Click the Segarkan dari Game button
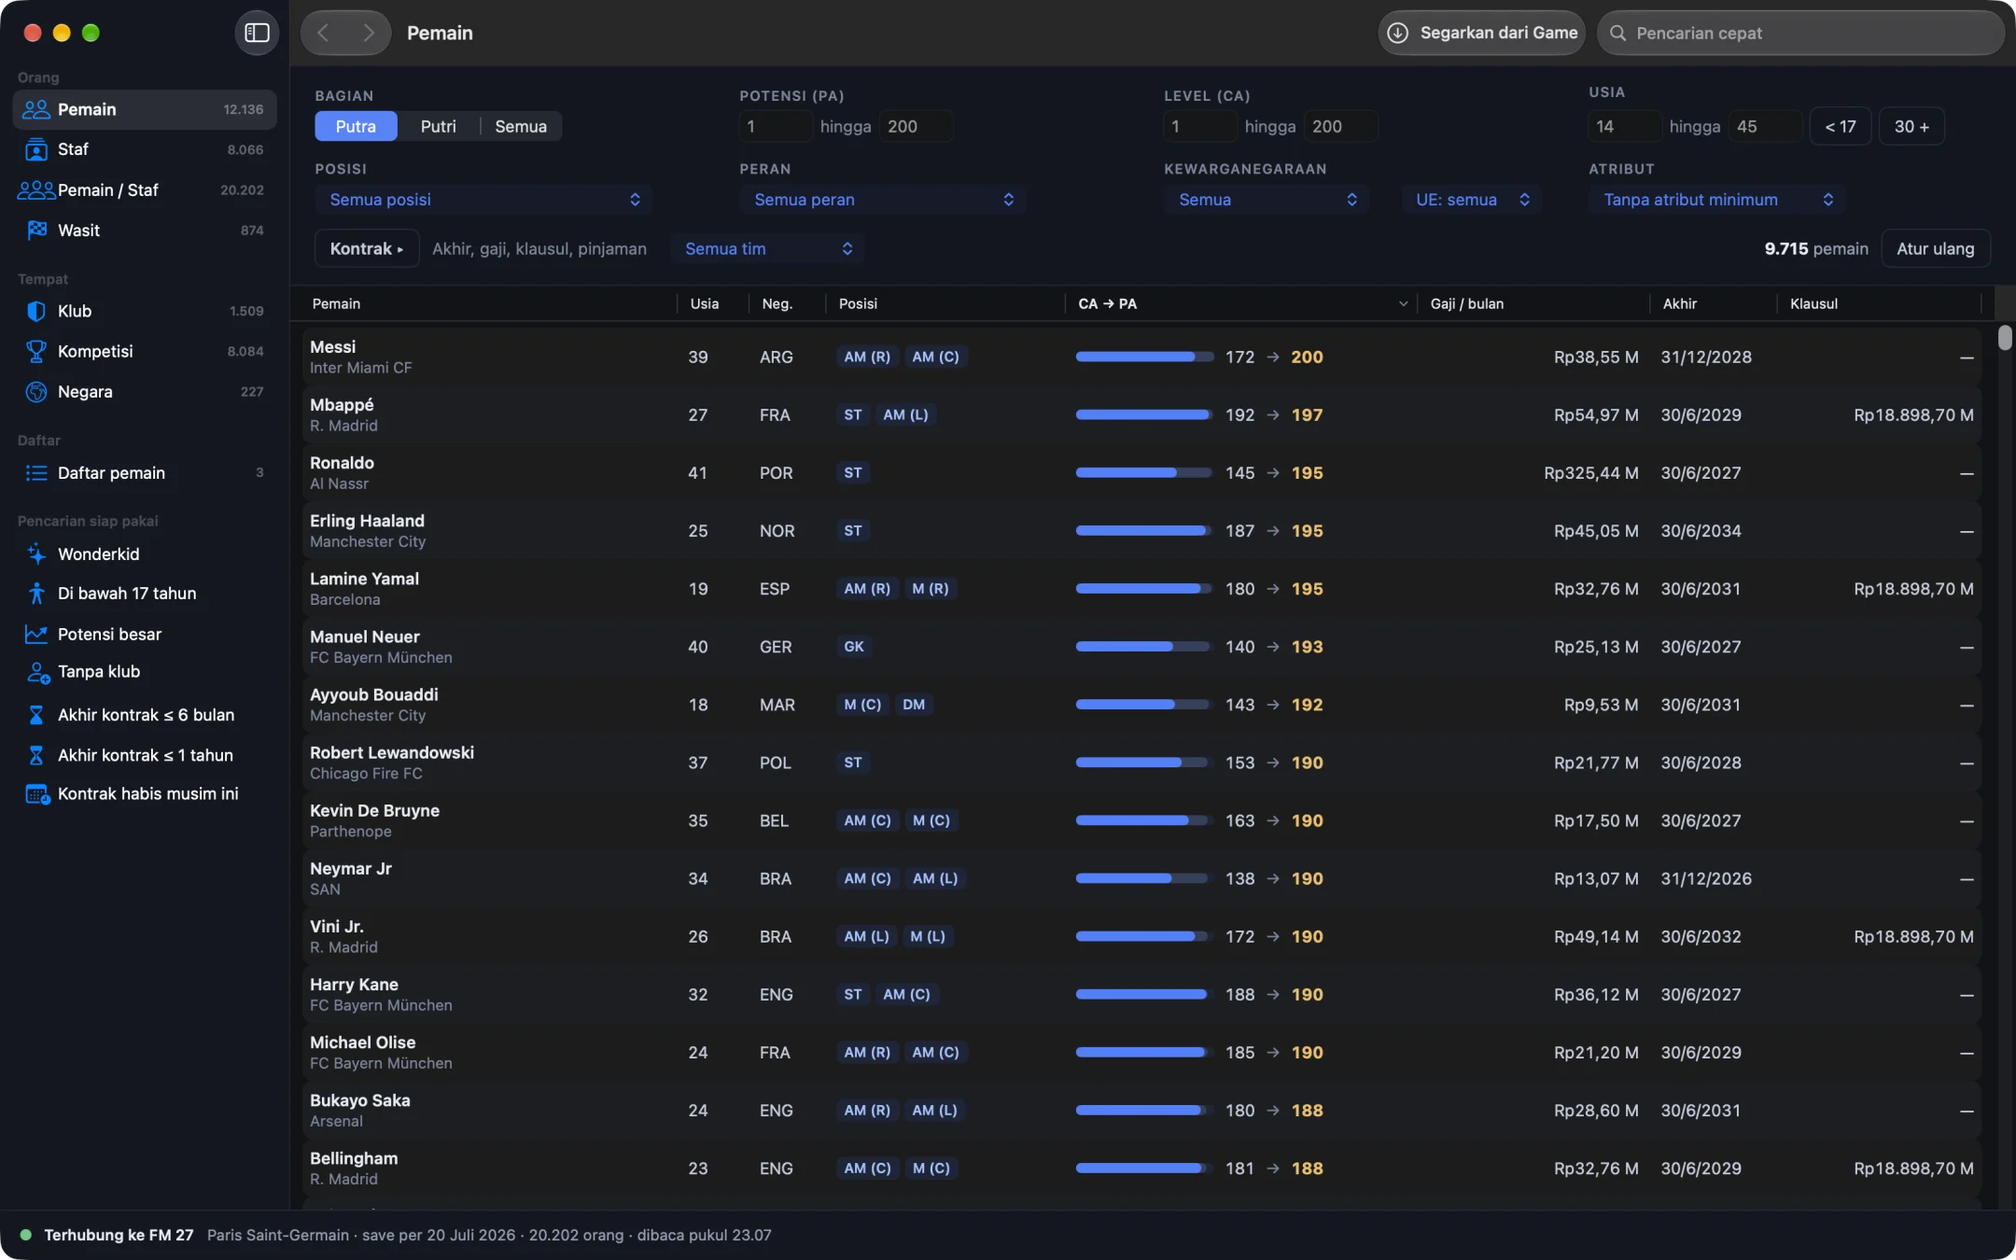tap(1482, 33)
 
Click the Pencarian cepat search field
tap(1800, 33)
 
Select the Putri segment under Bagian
tap(438, 126)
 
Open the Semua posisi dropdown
tap(483, 200)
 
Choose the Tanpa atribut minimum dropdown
tap(1717, 200)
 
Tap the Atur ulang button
tap(1935, 249)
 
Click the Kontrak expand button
tap(367, 249)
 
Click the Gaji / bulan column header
tap(1466, 304)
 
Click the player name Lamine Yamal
tap(364, 579)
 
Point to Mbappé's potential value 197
tap(1307, 415)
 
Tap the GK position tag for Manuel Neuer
tap(854, 647)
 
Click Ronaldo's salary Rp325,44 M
tap(1590, 473)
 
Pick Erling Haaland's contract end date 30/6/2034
tap(1701, 531)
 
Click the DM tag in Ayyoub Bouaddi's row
tap(914, 705)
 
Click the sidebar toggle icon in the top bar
tap(257, 33)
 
